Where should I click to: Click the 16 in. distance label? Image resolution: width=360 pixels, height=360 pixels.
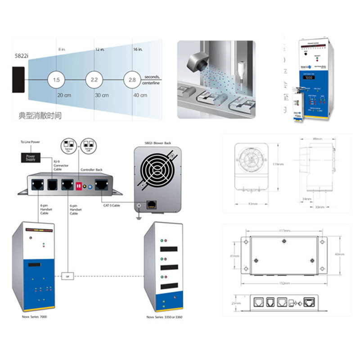137,48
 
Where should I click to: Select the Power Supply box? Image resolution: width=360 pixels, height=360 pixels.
30,157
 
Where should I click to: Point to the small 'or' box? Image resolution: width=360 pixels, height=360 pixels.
67,275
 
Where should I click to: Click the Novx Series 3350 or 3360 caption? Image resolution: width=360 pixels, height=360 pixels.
164,317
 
